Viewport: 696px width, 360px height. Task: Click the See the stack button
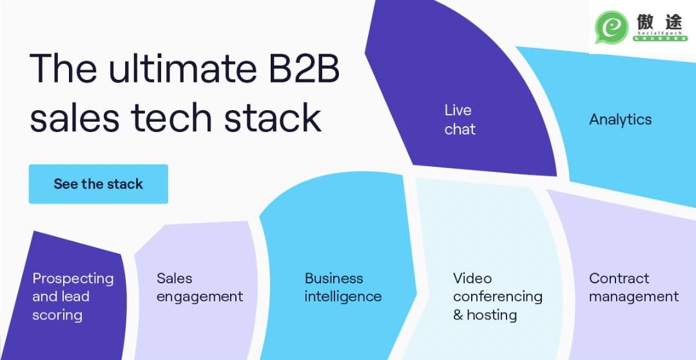98,184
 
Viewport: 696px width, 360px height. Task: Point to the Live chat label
459,120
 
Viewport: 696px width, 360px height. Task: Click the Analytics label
620,120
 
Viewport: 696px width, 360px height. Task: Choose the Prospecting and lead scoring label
73,296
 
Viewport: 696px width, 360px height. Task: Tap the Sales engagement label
200,287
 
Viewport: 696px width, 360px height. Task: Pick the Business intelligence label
343,287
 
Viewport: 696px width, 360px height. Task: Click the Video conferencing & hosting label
498,296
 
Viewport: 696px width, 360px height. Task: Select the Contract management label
633,287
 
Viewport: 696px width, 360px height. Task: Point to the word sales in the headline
75,118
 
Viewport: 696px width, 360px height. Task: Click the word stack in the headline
272,118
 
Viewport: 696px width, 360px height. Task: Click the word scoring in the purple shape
57,316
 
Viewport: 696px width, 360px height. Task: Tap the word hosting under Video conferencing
492,316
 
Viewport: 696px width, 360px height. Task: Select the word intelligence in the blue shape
343,297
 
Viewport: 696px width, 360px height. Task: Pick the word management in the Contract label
633,297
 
